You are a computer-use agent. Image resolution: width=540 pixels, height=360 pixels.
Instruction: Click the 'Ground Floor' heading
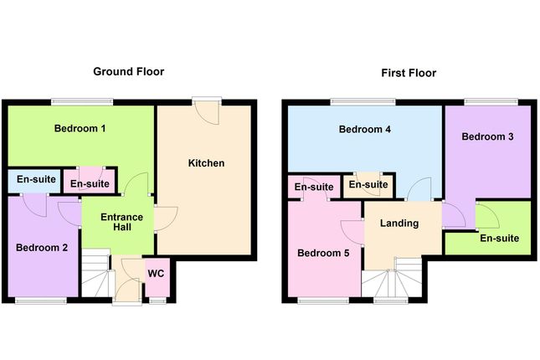128,72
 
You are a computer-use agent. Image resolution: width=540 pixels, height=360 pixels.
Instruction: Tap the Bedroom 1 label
80,129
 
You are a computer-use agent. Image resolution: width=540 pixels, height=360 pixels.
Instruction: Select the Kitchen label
206,162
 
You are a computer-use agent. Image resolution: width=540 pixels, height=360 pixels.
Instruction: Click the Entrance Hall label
122,224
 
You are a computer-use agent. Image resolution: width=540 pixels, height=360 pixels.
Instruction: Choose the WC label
156,273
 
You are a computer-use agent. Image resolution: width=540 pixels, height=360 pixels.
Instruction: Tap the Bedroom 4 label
365,130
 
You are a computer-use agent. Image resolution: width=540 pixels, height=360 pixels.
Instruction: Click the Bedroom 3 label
487,136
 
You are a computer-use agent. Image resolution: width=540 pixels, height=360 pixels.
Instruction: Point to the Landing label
399,224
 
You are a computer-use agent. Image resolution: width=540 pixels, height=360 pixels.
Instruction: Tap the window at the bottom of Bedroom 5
323,300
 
